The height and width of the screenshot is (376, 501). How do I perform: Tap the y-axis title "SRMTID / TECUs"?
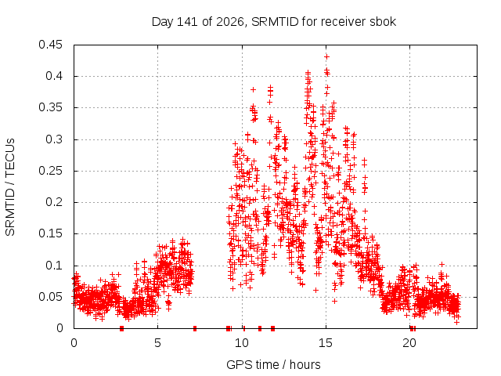point(10,187)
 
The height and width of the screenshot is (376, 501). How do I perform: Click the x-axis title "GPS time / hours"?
point(273,364)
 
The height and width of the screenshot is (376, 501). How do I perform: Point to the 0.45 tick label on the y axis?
point(50,45)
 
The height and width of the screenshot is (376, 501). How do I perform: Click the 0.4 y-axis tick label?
point(54,76)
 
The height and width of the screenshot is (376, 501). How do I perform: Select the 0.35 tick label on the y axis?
point(50,107)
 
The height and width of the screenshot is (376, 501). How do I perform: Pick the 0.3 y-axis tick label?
point(54,139)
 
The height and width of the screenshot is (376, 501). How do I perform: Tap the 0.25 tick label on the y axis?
point(50,171)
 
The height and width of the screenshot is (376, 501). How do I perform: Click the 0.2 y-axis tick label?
point(54,202)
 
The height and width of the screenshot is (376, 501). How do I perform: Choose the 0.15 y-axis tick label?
point(50,233)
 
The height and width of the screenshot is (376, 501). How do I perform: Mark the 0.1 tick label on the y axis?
point(54,265)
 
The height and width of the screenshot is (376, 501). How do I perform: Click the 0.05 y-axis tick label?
point(50,297)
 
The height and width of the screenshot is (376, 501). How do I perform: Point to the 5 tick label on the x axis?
point(158,343)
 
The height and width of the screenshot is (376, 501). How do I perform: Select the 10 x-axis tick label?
point(242,343)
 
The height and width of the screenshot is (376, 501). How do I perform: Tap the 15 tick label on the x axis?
point(326,343)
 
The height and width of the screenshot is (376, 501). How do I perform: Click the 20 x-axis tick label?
point(409,343)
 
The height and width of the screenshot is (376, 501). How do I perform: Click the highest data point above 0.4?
point(326,57)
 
